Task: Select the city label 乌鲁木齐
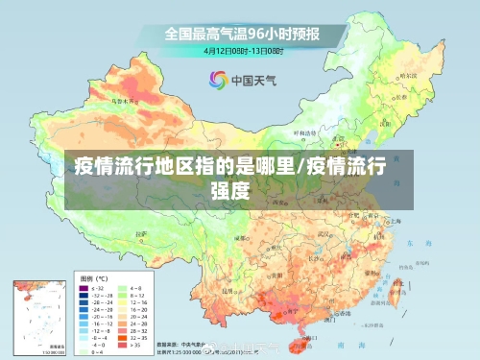122,100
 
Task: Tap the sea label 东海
413,245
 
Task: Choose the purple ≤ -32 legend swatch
83,286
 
